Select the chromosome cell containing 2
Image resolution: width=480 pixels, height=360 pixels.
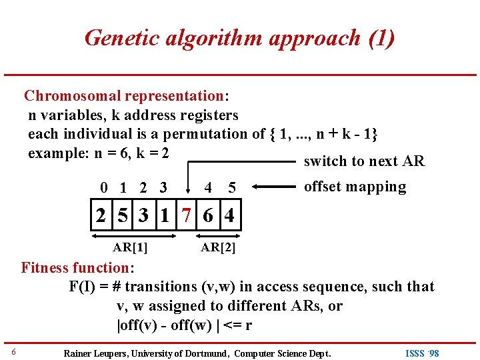point(101,217)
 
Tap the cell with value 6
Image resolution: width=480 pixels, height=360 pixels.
point(209,217)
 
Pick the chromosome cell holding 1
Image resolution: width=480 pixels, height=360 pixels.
point(165,217)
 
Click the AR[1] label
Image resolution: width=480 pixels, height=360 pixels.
point(131,247)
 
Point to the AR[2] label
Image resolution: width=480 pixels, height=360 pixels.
point(219,247)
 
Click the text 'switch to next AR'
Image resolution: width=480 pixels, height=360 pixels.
point(364,161)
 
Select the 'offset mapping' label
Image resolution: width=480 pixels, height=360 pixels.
point(355,187)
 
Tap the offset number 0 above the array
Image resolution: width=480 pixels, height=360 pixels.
point(102,189)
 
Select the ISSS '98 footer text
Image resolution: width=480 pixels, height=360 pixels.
point(423,353)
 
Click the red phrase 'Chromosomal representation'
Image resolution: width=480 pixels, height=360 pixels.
point(123,96)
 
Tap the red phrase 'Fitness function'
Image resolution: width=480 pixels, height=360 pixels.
point(75,268)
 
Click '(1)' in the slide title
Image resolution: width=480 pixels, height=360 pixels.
point(381,38)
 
